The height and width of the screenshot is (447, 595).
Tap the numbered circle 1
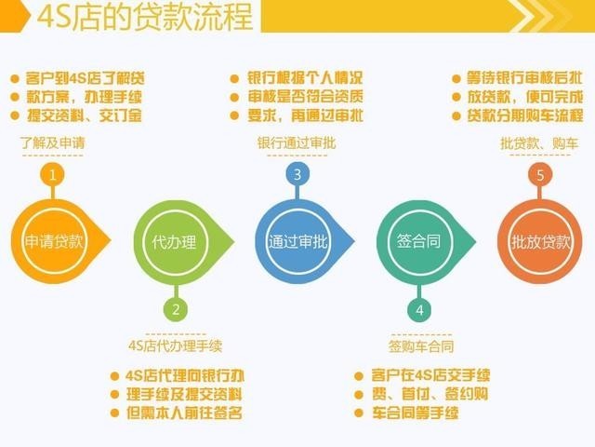click(54, 174)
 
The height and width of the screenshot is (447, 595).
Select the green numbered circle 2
click(174, 309)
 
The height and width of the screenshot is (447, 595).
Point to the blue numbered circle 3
click(297, 174)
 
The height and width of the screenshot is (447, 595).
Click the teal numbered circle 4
click(419, 309)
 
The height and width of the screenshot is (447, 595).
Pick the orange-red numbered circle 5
click(540, 174)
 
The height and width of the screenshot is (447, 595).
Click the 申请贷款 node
click(54, 241)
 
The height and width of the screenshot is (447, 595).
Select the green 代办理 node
click(174, 241)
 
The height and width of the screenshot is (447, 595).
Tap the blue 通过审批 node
click(297, 241)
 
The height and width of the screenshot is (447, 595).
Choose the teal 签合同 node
click(418, 241)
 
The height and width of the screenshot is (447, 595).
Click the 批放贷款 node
click(540, 241)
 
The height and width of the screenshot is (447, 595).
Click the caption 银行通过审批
click(297, 143)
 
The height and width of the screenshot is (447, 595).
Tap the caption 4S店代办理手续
click(176, 345)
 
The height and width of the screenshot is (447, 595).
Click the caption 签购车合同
click(421, 345)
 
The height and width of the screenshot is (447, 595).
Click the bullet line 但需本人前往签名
click(183, 412)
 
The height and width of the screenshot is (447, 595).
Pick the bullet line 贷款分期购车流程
click(523, 115)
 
